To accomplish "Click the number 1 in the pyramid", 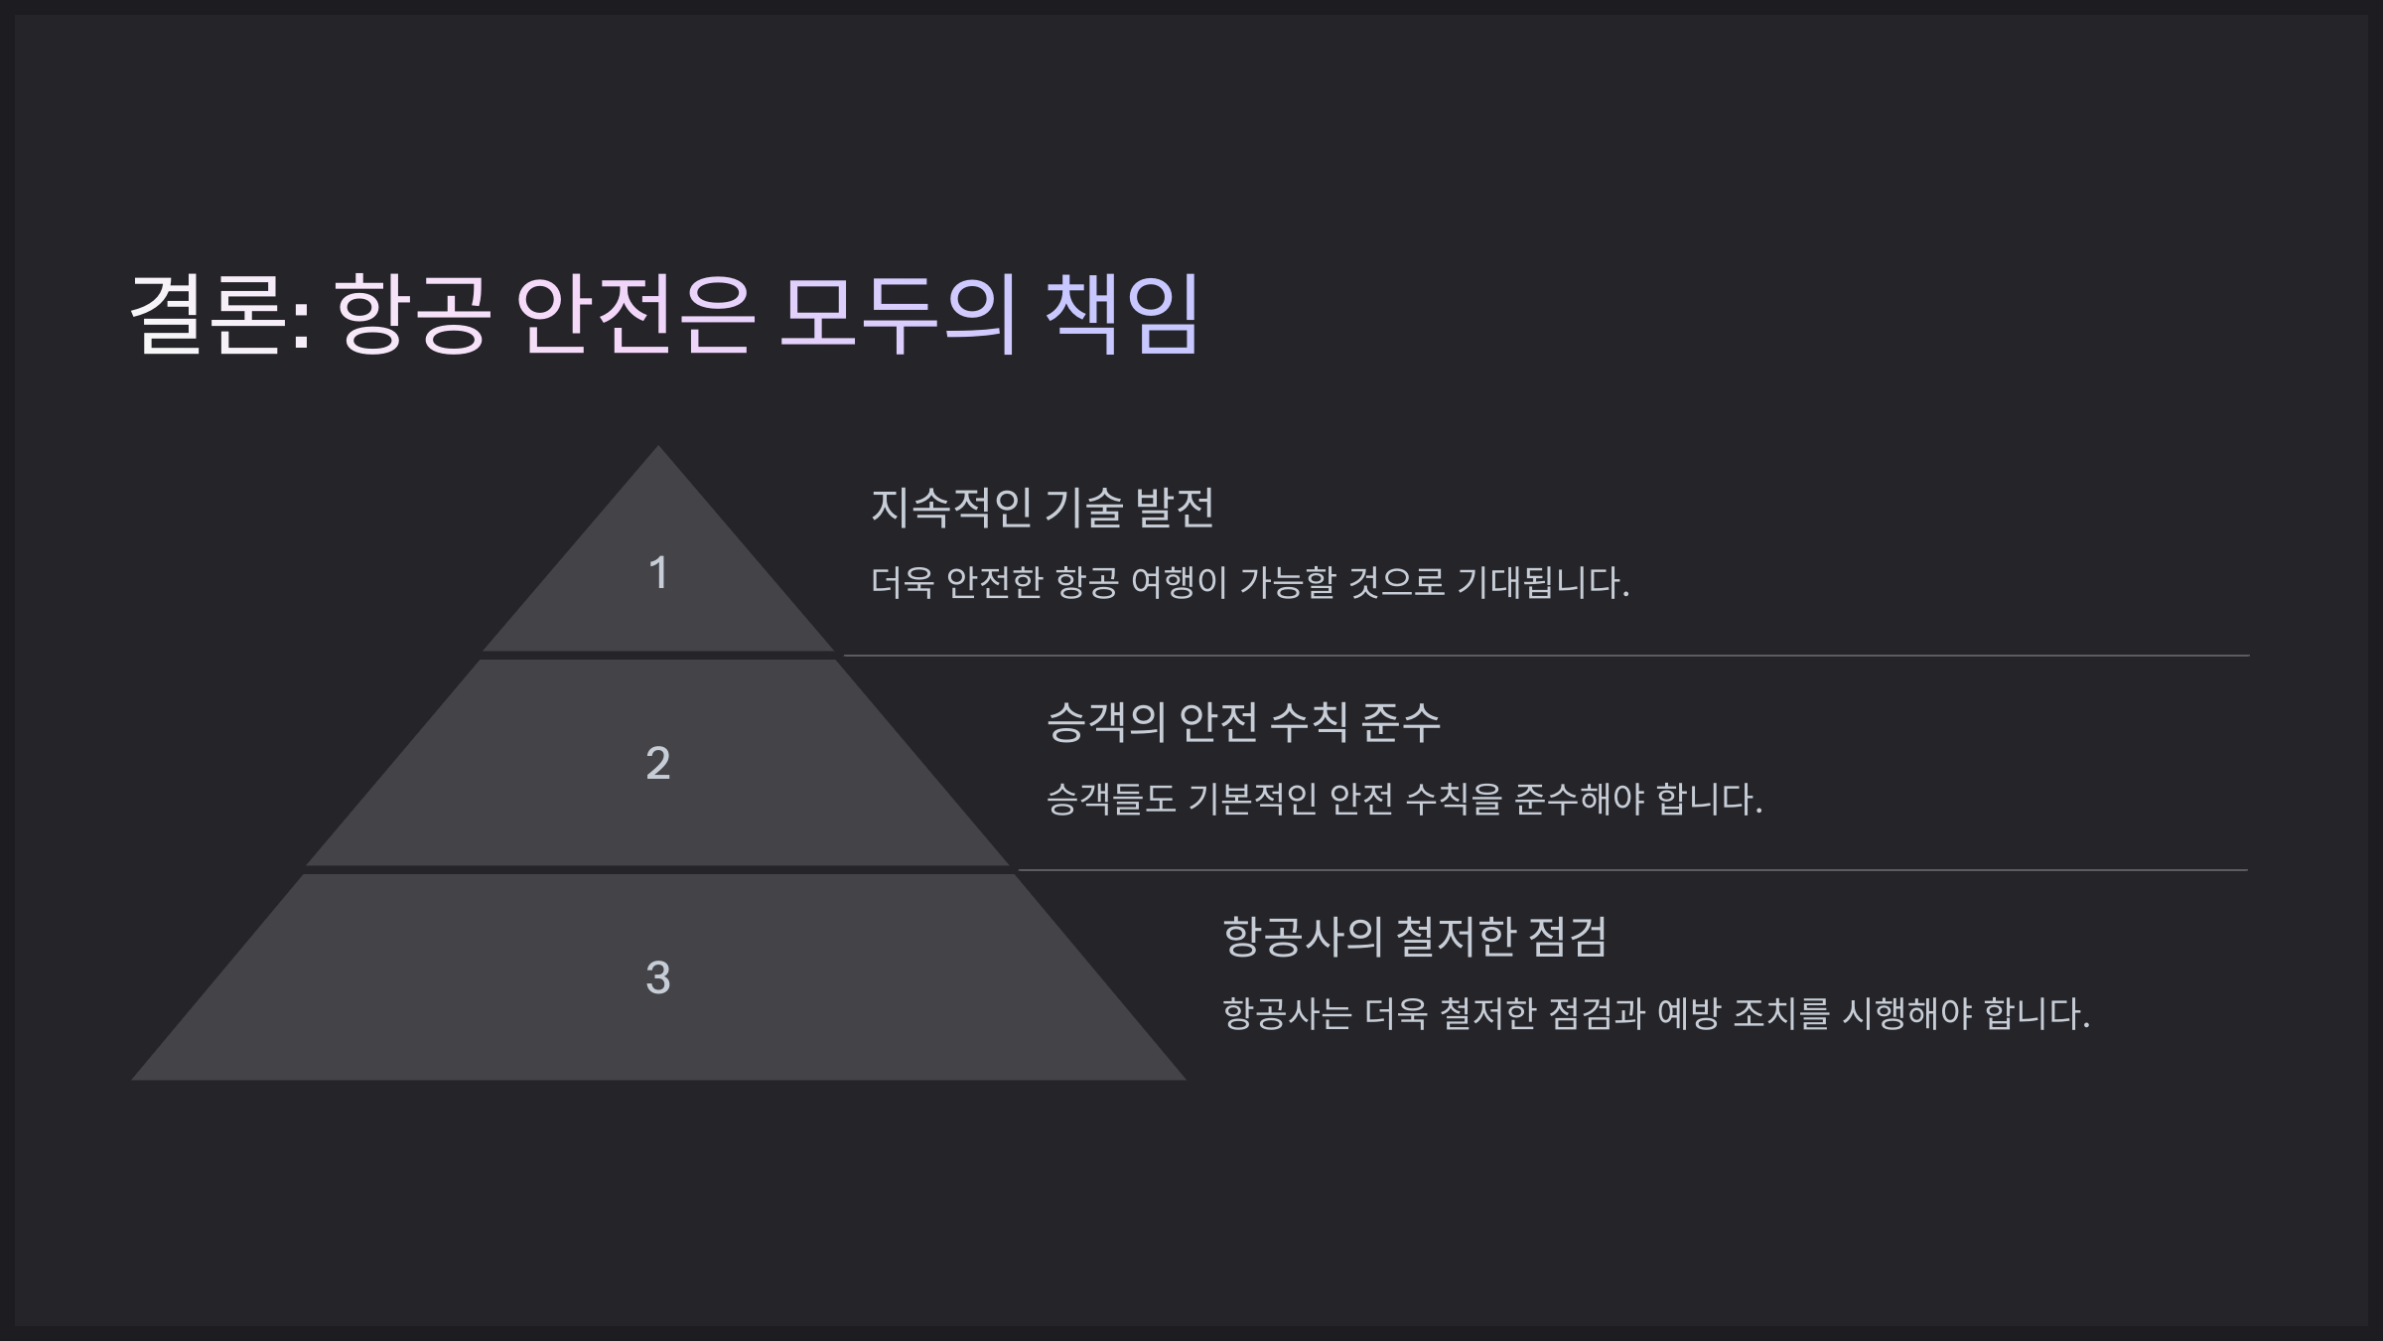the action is [657, 573].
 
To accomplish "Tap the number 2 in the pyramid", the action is [657, 763].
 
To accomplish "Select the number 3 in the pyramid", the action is [657, 977].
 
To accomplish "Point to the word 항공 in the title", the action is [413, 314].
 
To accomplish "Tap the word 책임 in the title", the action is [1122, 314].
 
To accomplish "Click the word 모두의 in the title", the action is [899, 314].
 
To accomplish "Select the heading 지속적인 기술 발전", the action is [1043, 507].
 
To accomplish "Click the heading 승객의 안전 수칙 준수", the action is [1243, 722].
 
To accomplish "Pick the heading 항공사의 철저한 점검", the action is [1414, 937].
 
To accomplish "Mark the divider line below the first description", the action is [1545, 656].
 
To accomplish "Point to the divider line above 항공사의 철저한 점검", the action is [1632, 870].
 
